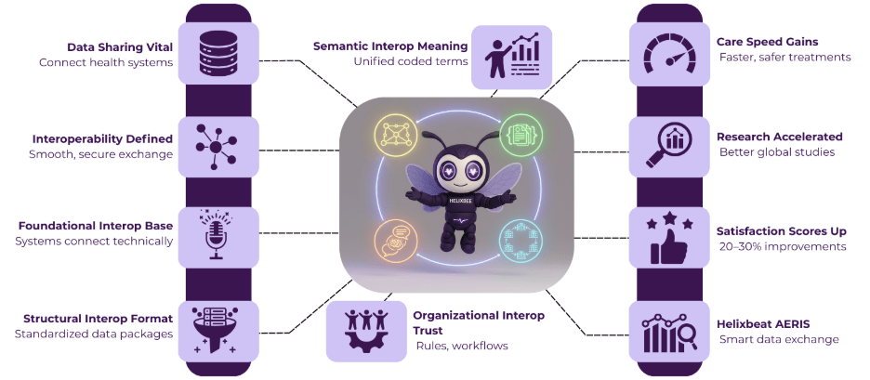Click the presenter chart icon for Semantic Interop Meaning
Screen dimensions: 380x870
click(x=510, y=56)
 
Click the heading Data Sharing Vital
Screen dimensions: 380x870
click(x=120, y=46)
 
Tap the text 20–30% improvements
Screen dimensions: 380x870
click(x=783, y=246)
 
